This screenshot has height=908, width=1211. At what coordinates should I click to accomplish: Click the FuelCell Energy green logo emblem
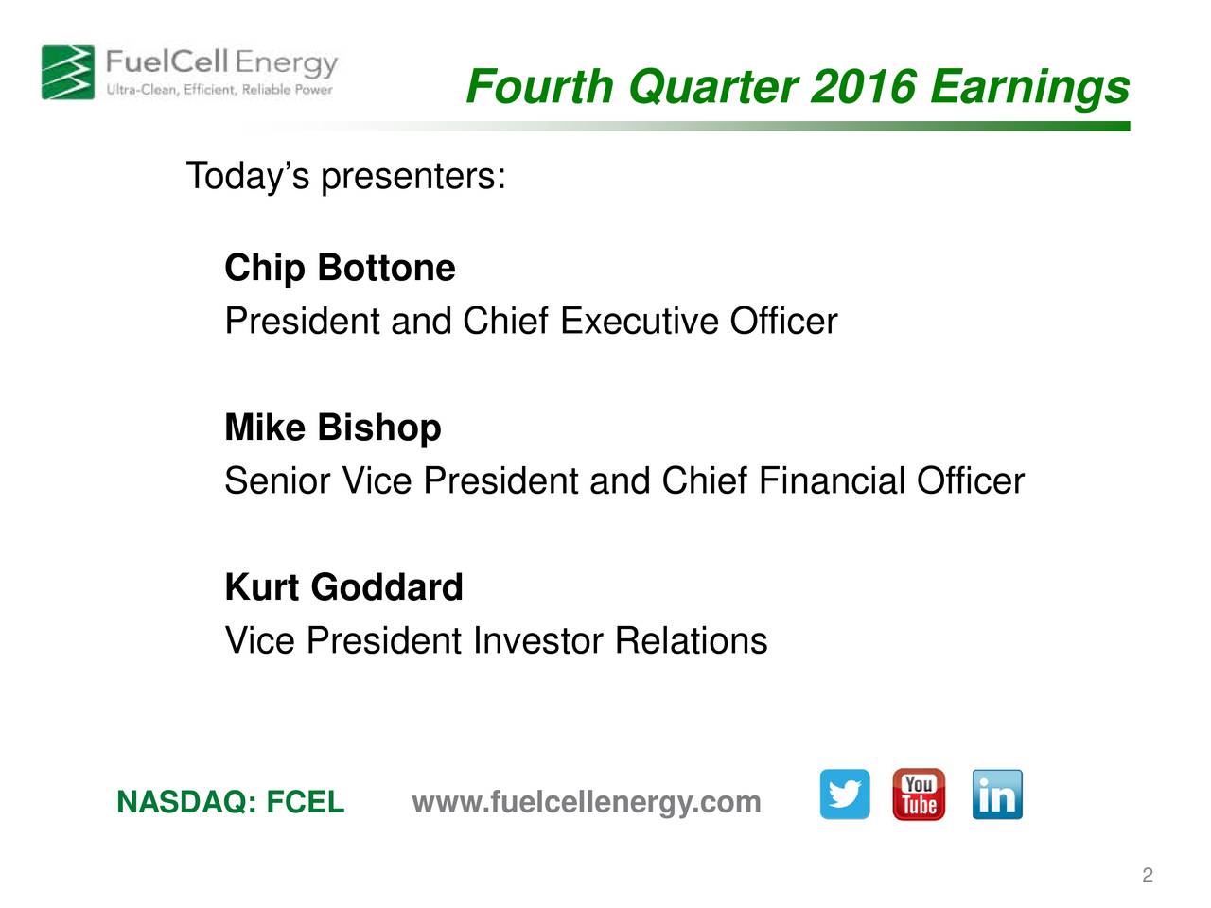(x=67, y=72)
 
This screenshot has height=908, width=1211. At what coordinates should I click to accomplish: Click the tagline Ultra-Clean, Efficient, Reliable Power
(x=219, y=90)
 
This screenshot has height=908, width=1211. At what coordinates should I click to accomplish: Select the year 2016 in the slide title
(x=863, y=87)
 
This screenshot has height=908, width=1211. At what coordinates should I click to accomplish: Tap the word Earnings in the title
(x=1029, y=87)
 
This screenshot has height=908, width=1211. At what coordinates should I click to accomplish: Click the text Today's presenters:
(x=345, y=176)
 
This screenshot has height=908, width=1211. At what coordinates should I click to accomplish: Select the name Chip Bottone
(x=340, y=268)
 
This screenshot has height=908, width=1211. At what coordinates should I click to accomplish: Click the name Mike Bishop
(x=332, y=428)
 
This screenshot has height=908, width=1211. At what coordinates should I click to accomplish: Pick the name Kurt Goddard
(x=343, y=587)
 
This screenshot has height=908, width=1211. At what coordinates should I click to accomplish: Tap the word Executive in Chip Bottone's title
(x=640, y=322)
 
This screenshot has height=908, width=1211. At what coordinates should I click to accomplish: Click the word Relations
(x=691, y=641)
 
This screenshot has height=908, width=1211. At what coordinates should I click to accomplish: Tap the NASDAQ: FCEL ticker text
(x=230, y=802)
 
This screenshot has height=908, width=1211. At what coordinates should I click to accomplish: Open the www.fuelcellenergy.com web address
(x=587, y=802)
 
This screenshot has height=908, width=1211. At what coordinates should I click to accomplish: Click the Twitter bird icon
(x=844, y=794)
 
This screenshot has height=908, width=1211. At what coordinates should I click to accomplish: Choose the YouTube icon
(x=919, y=794)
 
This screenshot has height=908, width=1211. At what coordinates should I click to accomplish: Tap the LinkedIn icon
(x=996, y=794)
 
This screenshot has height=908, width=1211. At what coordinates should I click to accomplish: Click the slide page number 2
(x=1147, y=875)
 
